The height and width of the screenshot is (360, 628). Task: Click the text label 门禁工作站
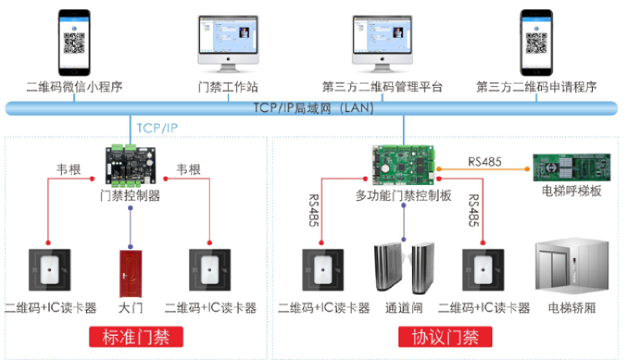pyautogui.click(x=227, y=87)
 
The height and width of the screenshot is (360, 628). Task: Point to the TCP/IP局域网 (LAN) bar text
pyautogui.click(x=313, y=108)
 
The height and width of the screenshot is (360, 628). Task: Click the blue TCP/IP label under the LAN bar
pyautogui.click(x=158, y=128)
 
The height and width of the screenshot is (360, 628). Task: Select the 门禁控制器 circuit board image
pyautogui.click(x=131, y=165)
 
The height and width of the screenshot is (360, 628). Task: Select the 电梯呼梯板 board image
pyautogui.click(x=569, y=165)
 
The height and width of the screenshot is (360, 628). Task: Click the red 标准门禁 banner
pyautogui.click(x=136, y=338)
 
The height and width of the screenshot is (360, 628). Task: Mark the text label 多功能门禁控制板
pyautogui.click(x=404, y=196)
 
